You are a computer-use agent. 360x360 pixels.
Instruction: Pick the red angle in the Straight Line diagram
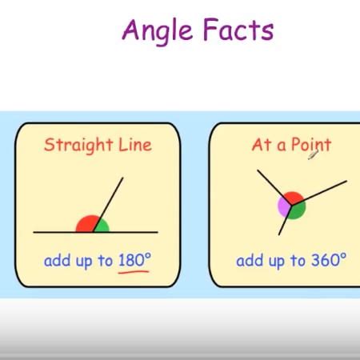85,225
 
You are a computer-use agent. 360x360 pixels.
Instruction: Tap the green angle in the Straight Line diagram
101,226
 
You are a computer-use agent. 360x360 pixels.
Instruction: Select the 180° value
134,260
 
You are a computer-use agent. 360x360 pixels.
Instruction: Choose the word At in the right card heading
262,145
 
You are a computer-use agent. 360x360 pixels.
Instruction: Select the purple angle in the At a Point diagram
284,206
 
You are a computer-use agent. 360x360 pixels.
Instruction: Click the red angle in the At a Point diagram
293,198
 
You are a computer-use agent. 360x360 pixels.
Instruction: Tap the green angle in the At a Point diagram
297,210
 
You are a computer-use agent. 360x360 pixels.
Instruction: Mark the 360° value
330,260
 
